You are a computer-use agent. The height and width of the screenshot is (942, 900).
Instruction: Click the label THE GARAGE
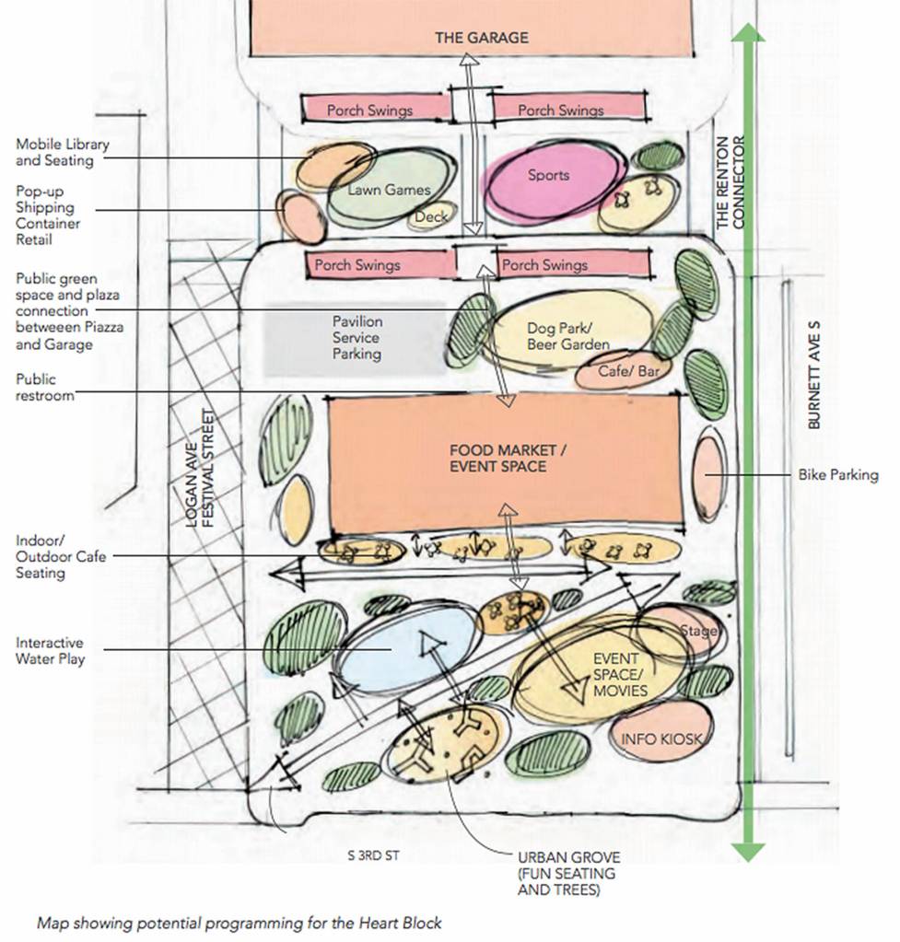pos(482,38)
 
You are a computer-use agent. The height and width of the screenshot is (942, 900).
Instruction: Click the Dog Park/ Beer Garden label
pos(568,336)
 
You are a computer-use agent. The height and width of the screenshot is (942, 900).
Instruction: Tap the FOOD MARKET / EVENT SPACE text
pos(503,459)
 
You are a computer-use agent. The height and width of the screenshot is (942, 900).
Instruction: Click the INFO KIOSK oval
pos(661,738)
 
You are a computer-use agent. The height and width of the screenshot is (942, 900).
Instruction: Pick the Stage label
pos(697,632)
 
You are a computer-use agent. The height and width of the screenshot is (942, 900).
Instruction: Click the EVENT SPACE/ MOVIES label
pos(619,675)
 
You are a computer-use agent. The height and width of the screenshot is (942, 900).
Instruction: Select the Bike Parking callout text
pos(837,475)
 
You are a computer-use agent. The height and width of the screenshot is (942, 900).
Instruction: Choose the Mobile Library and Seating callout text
pos(62,153)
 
